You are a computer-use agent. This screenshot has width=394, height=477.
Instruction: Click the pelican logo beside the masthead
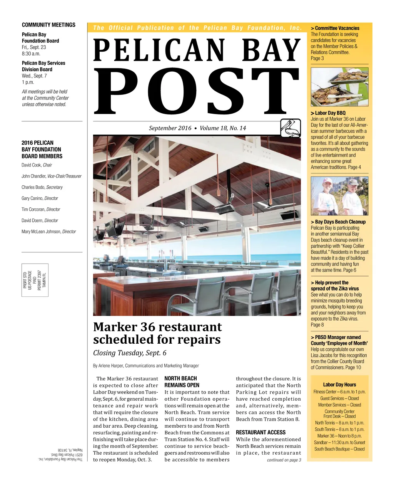click(x=290, y=128)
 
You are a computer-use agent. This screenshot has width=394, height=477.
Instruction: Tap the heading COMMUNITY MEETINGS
click(x=48, y=25)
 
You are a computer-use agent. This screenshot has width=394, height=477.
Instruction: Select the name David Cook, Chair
click(x=37, y=165)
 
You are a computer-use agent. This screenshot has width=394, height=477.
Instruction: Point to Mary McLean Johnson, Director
click(x=48, y=232)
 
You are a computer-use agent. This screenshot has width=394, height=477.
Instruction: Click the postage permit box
click(x=35, y=280)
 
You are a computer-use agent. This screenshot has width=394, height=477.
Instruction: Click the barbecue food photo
click(x=339, y=87)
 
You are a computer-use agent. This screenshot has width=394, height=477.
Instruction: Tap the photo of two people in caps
click(x=339, y=196)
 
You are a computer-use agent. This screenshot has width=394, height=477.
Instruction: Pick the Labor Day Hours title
click(x=339, y=385)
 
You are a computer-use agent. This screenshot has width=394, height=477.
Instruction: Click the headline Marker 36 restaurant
click(x=157, y=327)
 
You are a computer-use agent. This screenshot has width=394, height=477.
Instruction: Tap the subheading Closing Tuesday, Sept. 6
click(x=130, y=353)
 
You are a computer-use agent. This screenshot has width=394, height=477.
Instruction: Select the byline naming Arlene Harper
click(x=146, y=366)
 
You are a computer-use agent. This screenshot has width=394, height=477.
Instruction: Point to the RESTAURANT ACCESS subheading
click(x=260, y=432)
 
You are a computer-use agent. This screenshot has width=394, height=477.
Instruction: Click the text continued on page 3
click(x=284, y=460)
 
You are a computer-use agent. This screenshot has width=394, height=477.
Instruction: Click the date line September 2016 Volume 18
click(x=197, y=128)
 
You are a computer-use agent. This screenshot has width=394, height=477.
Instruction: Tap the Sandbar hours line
click(x=339, y=442)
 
